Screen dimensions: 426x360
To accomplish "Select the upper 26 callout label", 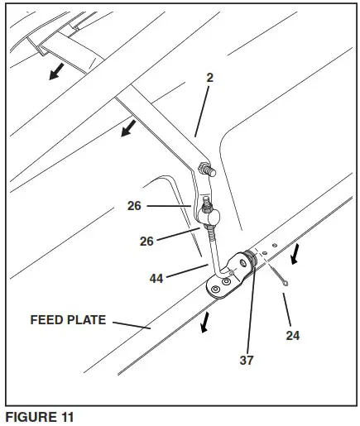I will tap(134, 205).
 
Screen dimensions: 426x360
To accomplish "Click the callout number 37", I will tap(247, 360).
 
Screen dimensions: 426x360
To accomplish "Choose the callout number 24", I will tap(292, 336).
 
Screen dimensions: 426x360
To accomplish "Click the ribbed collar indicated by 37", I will tap(251, 264).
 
